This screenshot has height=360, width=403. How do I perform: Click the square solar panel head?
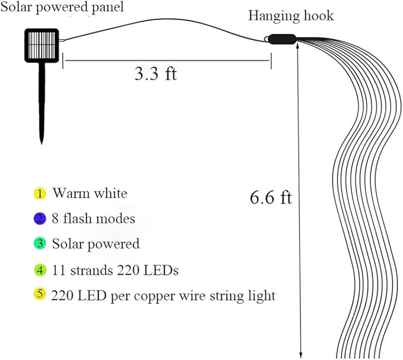click(43, 46)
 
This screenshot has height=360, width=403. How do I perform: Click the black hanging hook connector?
click(280, 39)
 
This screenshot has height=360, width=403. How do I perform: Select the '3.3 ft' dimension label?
click(156, 74)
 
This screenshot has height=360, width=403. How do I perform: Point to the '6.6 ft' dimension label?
click(271, 197)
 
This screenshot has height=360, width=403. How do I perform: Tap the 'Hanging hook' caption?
click(291, 15)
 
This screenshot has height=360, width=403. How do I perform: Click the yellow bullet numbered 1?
click(39, 193)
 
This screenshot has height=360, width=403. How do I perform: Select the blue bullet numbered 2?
click(39, 219)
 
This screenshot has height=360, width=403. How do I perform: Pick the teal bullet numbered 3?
click(39, 244)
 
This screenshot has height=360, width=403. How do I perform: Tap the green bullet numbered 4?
click(39, 270)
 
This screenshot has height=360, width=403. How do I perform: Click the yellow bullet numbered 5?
click(39, 295)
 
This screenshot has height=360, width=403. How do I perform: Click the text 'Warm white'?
click(90, 193)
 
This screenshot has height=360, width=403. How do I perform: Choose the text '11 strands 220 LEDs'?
click(115, 270)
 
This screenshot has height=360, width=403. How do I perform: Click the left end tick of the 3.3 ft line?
click(64, 60)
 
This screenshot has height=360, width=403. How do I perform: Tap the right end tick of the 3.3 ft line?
click(271, 60)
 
